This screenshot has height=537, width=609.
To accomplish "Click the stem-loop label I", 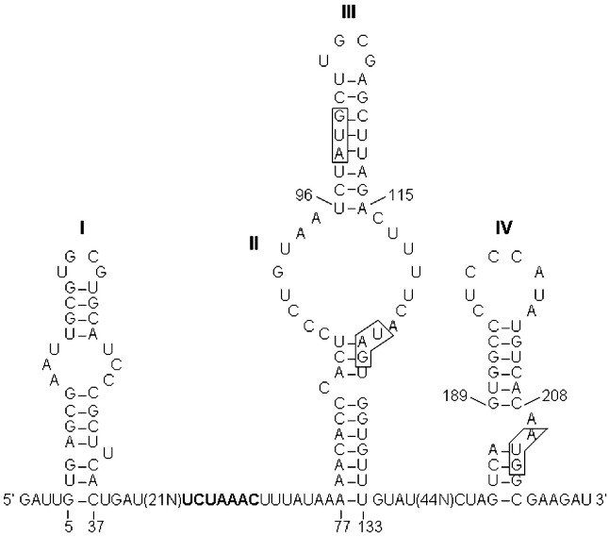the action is (83, 227).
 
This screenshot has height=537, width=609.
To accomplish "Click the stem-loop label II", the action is (253, 243).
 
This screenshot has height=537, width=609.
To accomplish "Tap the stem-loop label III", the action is (348, 12).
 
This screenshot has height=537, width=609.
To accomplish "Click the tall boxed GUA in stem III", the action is (340, 134).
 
